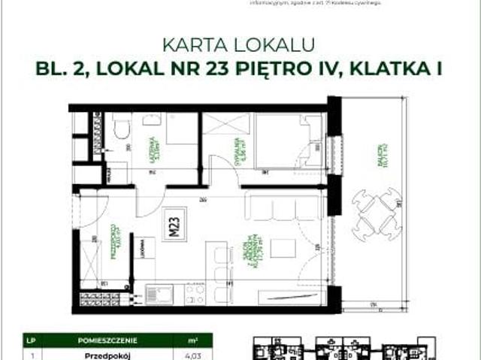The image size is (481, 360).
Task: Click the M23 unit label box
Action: pyautogui.click(x=174, y=223)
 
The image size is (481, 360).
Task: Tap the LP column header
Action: pyautogui.click(x=30, y=339)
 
